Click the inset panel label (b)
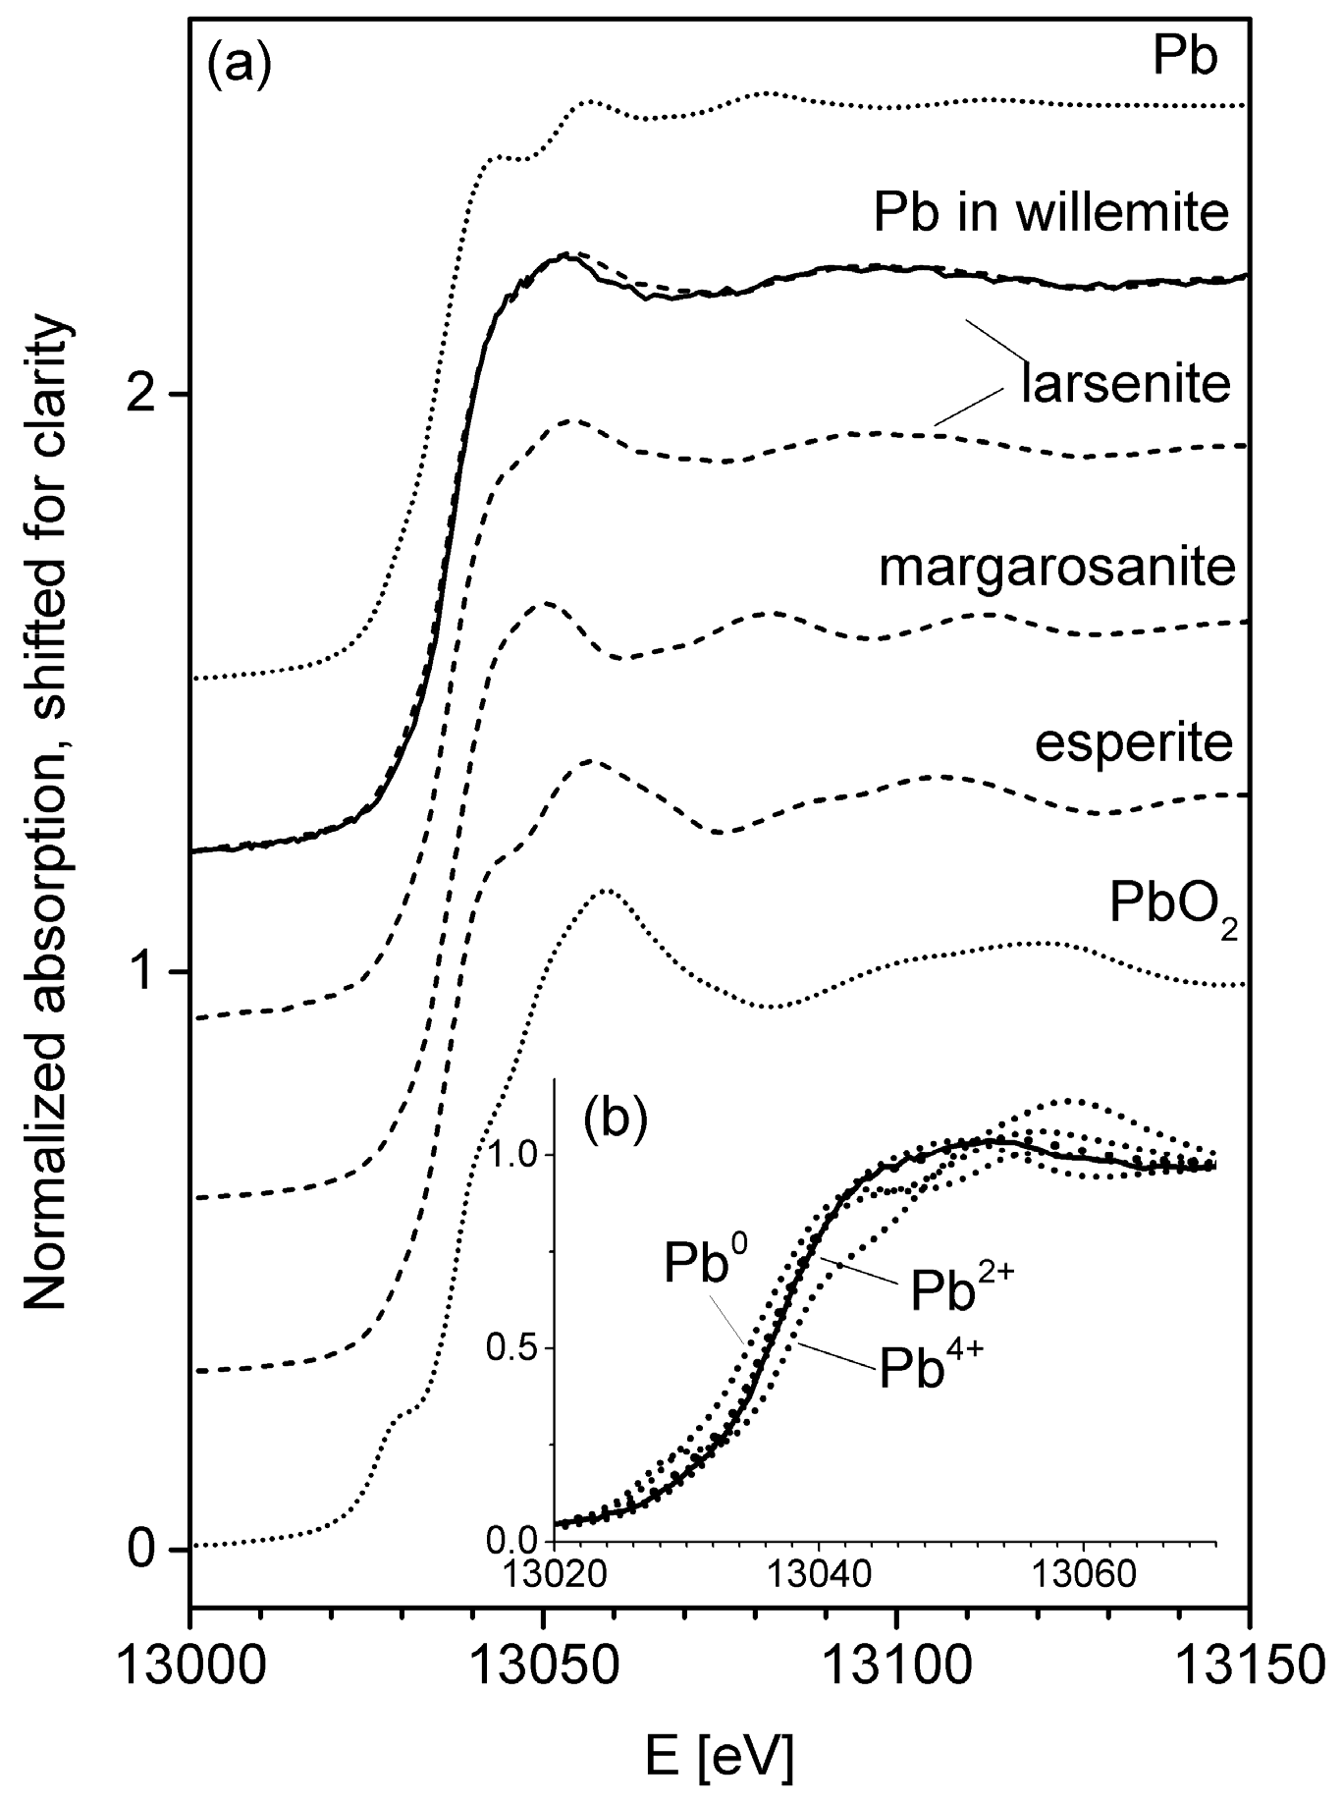pyautogui.click(x=615, y=1121)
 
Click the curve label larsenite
pyautogui.click(x=1125, y=383)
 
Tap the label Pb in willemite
pyautogui.click(x=1050, y=213)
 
